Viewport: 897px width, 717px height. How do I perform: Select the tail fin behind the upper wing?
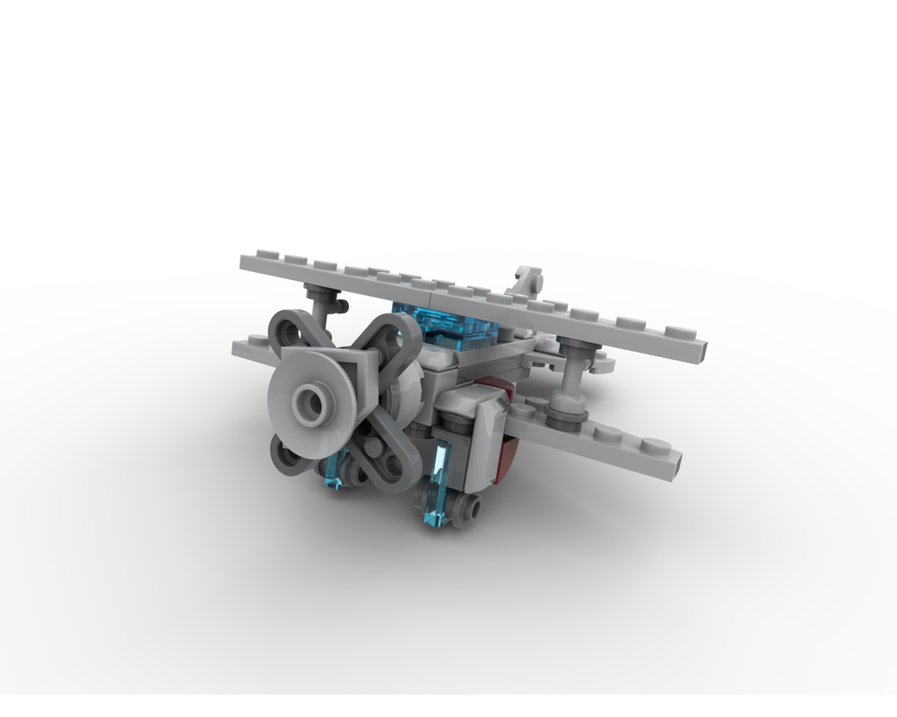528,282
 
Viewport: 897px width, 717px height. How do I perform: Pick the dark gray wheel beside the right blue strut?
466,511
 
